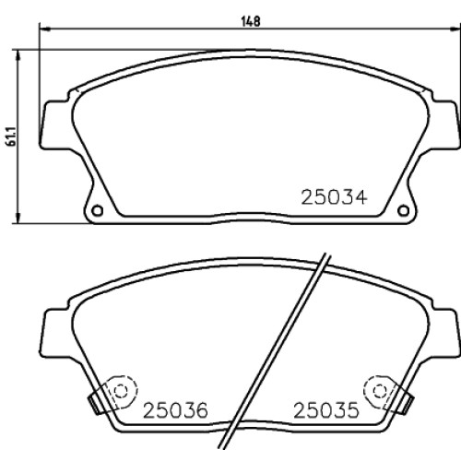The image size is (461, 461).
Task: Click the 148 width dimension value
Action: [x=251, y=22]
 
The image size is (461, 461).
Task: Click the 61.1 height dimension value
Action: [x=12, y=136]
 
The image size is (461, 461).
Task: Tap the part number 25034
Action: [x=334, y=197]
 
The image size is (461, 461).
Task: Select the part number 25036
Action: [x=175, y=410]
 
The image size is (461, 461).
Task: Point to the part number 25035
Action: [x=326, y=410]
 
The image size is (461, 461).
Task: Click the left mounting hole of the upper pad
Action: [x=98, y=210]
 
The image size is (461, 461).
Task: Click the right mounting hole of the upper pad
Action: [x=403, y=210]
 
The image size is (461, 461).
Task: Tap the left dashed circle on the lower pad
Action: [x=121, y=391]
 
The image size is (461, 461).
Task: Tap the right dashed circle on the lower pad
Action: [x=379, y=391]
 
